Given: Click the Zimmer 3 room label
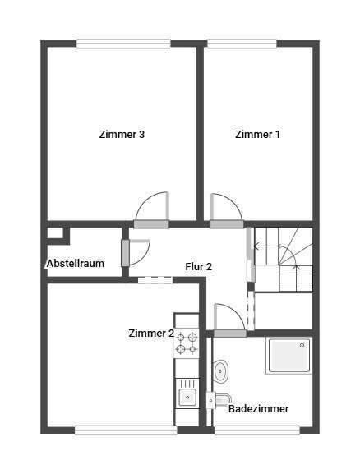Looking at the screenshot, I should (x=122, y=135).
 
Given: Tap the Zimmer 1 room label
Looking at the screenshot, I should (x=256, y=135).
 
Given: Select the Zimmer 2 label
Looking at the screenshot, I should (x=150, y=333).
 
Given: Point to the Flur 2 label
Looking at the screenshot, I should (x=198, y=266).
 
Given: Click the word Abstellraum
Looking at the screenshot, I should (x=75, y=264).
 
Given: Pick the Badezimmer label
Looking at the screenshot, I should (x=258, y=407).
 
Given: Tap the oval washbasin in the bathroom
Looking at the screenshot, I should (x=221, y=371).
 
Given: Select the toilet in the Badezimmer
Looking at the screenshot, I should (x=217, y=400).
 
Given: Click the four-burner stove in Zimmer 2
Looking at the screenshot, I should (x=187, y=343).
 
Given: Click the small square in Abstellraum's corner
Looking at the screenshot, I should (x=55, y=233).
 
